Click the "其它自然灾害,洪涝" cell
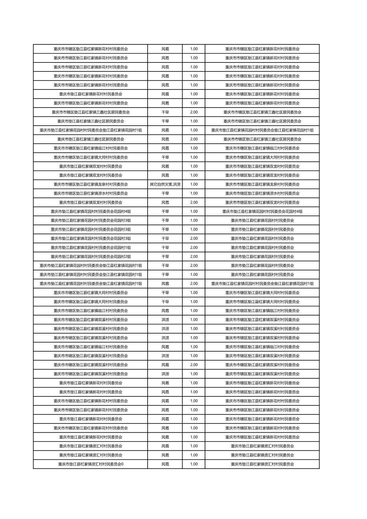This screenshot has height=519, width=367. click(165, 184)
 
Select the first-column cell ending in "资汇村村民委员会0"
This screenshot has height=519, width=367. click(91, 464)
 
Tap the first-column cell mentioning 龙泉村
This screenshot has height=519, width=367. click(91, 184)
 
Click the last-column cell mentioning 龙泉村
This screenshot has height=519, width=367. click(262, 184)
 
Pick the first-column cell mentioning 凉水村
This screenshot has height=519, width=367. click(91, 193)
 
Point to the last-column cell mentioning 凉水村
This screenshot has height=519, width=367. click(262, 193)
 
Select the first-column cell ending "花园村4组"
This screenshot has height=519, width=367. click(91, 211)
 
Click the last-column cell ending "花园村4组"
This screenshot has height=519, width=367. click(262, 211)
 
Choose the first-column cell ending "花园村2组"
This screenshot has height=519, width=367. click(91, 256)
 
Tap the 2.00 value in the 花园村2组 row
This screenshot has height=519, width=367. click(194, 256)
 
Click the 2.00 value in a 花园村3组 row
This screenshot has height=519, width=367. click(194, 238)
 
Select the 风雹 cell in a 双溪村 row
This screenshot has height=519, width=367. click(165, 365)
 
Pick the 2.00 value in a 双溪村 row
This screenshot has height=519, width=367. click(194, 365)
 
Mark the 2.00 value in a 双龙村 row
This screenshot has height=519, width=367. click(194, 202)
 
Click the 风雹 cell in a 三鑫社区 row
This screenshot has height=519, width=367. click(165, 139)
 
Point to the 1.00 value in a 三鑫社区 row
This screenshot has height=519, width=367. click(194, 121)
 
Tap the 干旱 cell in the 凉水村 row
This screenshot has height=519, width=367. click(165, 193)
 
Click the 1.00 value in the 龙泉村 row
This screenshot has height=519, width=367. click(194, 184)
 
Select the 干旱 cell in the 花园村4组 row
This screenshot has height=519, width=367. click(165, 211)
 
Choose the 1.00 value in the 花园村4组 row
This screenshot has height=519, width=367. click(194, 211)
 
